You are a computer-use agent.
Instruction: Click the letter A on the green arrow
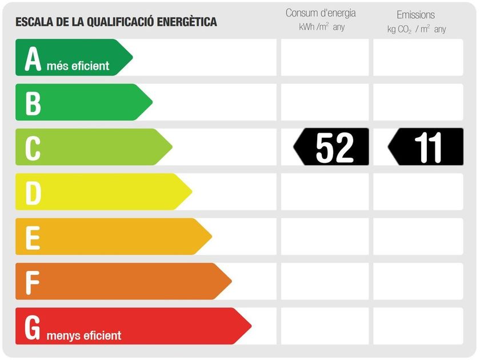33,59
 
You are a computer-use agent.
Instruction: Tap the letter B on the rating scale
33,103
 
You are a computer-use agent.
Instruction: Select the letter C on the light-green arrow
33,148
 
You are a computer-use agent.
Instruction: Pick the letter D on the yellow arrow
33,193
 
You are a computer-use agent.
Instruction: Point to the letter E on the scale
33,237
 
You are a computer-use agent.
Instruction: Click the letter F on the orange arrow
33,282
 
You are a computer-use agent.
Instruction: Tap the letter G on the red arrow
33,327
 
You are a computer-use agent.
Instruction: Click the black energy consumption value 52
334,147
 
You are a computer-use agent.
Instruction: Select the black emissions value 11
428,147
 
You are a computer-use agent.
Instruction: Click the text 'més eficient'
78,66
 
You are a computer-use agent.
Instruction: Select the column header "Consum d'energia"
321,13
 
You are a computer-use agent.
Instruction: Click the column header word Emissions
415,15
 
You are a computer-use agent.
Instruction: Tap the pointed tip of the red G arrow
250,326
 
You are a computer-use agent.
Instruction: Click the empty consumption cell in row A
325,58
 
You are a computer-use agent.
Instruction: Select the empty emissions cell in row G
418,326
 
